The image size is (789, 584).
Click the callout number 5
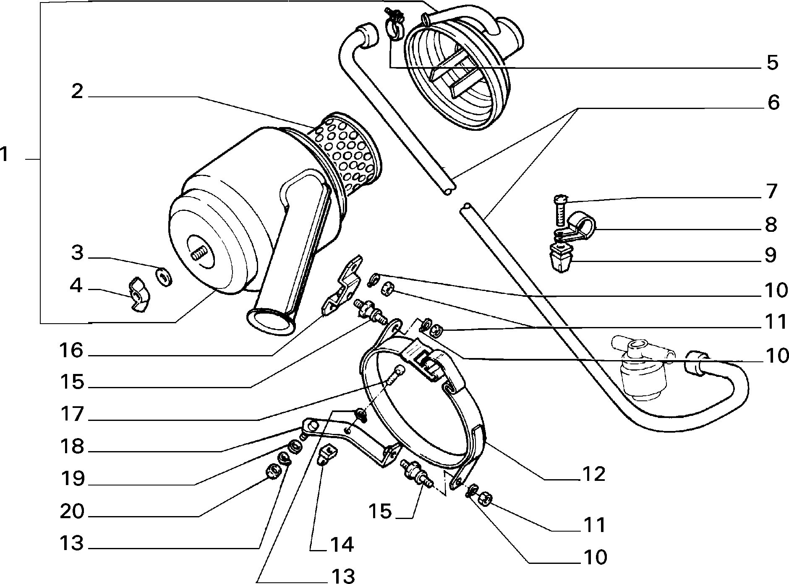pyautogui.click(x=773, y=63)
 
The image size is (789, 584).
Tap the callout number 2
pyautogui.click(x=77, y=91)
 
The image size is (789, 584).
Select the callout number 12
pyautogui.click(x=593, y=474)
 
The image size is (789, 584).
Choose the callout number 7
pyautogui.click(x=772, y=192)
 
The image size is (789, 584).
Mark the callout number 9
pyautogui.click(x=771, y=255)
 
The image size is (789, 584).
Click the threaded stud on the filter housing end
pyautogui.click(x=200, y=254)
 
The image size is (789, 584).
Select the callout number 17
pyautogui.click(x=72, y=414)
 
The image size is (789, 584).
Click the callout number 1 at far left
pyautogui.click(x=4, y=154)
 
